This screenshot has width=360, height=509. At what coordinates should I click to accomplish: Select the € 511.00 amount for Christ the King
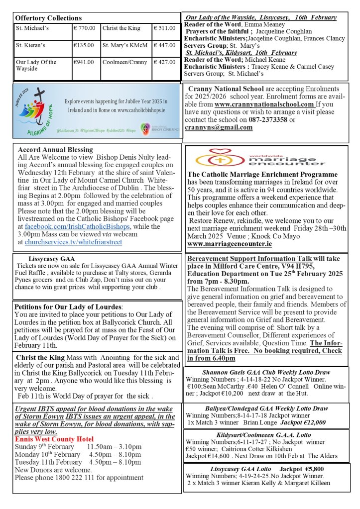(x=164, y=28)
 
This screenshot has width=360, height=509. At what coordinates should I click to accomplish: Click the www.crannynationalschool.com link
(x=264, y=104)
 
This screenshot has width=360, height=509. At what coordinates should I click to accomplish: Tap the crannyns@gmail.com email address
(x=218, y=127)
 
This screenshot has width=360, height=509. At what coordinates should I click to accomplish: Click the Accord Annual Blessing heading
(x=55, y=149)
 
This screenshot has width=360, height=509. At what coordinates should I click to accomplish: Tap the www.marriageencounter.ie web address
(x=230, y=244)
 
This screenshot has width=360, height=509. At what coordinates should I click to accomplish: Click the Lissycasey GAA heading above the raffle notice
(x=48, y=259)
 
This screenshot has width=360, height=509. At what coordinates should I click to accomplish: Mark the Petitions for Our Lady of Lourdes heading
(x=68, y=306)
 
